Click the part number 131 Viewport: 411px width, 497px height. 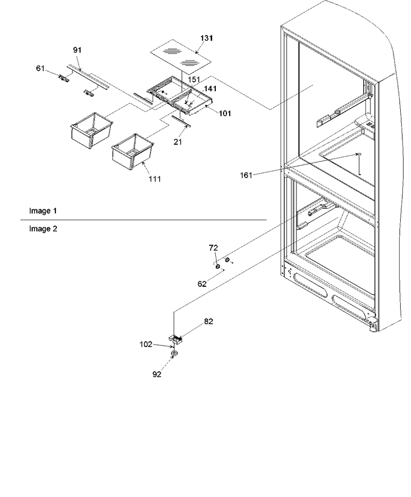point(207,39)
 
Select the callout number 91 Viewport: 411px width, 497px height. point(78,50)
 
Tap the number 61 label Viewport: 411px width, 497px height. point(40,68)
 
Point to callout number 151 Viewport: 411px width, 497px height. point(194,80)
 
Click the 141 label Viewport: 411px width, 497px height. point(210,89)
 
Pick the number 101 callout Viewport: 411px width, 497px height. point(225,113)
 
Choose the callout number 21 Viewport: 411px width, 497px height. point(178,142)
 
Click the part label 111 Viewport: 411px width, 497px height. point(155,179)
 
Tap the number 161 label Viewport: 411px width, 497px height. point(246,175)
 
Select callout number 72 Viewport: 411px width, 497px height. point(213,248)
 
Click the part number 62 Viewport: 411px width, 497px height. point(202,284)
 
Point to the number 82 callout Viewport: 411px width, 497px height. point(209,321)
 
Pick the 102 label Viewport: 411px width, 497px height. point(146,344)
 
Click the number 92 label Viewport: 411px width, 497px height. point(157,374)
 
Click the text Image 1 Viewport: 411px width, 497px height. point(43,211)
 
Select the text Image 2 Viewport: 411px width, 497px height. point(43,229)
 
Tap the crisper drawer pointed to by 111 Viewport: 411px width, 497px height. point(133,152)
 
